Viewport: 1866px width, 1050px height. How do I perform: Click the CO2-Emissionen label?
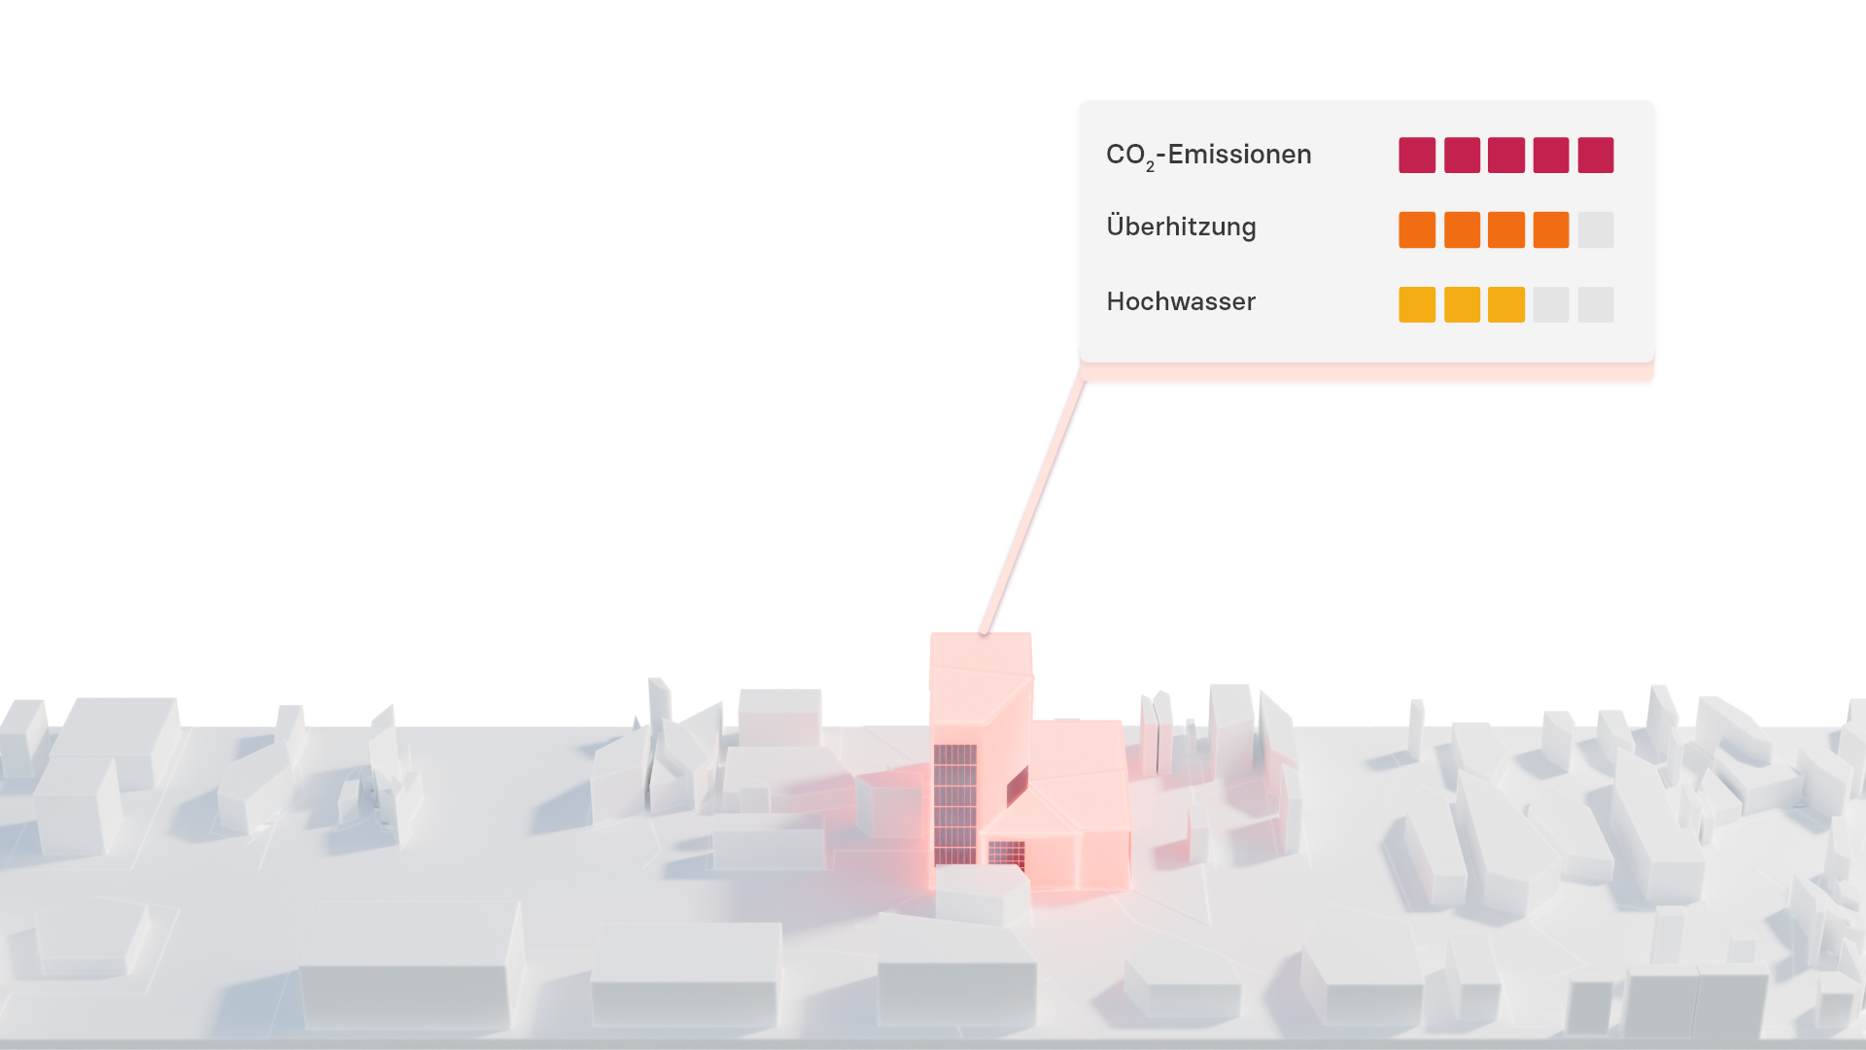pos(1208,156)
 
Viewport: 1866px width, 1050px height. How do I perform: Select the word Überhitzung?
pos(1181,227)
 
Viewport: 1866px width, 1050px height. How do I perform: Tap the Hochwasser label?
pos(1181,302)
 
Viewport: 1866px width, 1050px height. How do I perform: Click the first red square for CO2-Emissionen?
pos(1417,156)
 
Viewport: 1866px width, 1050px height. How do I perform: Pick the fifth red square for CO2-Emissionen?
pos(1596,156)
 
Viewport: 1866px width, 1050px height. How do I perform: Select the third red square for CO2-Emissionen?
pos(1506,156)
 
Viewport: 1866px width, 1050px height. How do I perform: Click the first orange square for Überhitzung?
pos(1417,230)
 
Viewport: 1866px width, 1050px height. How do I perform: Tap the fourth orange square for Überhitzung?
pos(1551,230)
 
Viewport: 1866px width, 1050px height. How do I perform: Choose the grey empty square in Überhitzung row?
pos(1596,230)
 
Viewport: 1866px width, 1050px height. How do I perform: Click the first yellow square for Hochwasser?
pos(1417,304)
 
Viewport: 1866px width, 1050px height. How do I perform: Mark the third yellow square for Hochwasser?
pos(1506,304)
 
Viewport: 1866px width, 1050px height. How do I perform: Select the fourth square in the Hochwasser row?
pos(1551,304)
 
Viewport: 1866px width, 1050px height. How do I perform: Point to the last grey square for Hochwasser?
pos(1596,304)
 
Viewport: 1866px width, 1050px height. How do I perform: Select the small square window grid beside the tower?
pos(1006,855)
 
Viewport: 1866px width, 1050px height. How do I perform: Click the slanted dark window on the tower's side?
pos(1018,786)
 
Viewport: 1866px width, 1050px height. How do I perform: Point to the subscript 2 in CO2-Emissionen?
pos(1150,167)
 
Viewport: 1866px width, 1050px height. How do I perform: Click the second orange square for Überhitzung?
pos(1462,230)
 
